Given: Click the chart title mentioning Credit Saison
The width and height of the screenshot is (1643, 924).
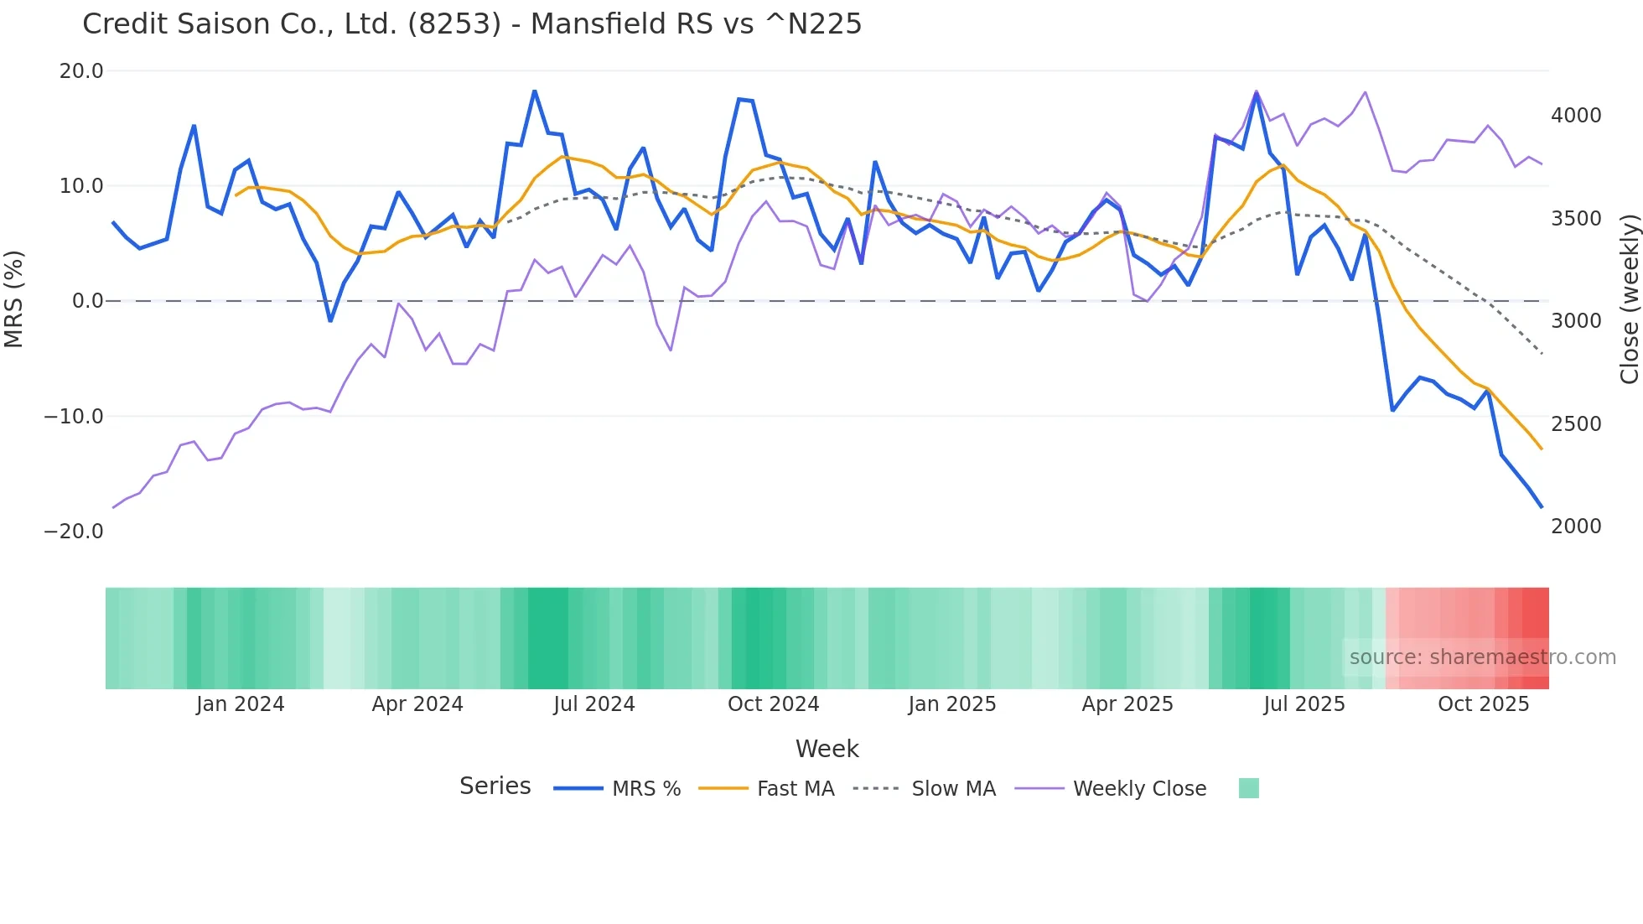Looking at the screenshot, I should [x=472, y=23].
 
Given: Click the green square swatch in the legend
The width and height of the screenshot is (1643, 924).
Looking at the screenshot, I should [x=1248, y=788].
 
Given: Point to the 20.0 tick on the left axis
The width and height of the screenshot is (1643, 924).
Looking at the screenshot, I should [x=81, y=71].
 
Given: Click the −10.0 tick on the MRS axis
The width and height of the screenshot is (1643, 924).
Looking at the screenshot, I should [x=74, y=417].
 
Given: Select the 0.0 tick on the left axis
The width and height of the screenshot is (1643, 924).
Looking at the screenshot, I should [x=87, y=301].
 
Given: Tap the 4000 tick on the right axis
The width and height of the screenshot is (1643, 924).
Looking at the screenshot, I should [x=1576, y=116].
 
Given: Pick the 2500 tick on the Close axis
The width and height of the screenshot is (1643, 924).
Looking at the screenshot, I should [x=1576, y=424].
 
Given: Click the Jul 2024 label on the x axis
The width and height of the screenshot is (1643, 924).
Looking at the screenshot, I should [x=593, y=704].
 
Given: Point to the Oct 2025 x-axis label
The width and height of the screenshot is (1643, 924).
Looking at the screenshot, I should [x=1483, y=704].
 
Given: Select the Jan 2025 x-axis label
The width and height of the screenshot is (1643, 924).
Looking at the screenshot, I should [x=951, y=704].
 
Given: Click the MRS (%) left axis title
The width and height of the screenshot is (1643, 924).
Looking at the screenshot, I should [x=14, y=299].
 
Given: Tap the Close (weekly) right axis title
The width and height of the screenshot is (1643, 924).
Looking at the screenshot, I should [x=1629, y=299].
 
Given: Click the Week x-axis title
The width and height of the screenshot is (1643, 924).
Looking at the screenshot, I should [x=827, y=749].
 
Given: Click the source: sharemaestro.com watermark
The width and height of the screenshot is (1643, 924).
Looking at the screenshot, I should [x=1482, y=657].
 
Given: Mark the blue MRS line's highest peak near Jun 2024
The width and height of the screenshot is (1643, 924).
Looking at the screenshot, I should [x=535, y=91].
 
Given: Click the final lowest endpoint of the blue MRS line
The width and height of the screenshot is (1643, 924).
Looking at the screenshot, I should [x=1542, y=507].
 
